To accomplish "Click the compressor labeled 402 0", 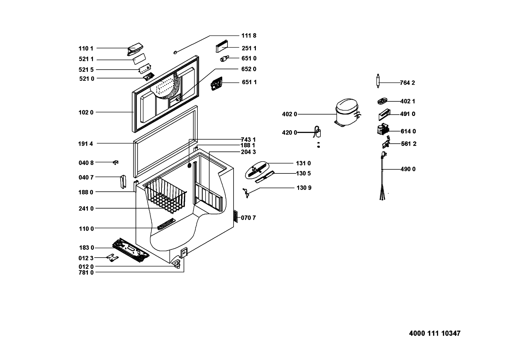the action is point(347,113).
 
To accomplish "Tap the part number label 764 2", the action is point(407,83).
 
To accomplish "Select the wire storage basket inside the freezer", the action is point(166,195).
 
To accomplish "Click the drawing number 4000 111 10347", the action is point(435,333).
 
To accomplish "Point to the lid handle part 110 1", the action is point(135,49).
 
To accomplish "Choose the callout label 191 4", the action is point(86,144).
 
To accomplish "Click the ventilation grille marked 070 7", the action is point(236,216).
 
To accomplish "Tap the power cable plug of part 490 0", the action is point(384,154).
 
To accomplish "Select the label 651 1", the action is point(249,82).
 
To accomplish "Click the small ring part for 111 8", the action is point(175,52).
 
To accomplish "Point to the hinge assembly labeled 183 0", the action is point(131,250).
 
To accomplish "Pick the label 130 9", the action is point(304,188).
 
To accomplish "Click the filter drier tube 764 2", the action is point(378,81).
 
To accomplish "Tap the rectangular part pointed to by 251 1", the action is point(222,46).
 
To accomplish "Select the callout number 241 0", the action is point(86,209).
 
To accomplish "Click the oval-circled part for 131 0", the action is point(257,170).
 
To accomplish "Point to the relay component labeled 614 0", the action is point(383,130).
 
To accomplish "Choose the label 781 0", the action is point(86,272).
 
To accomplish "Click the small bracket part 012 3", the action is point(113,258).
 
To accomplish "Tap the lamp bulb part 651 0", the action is point(224,58).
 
